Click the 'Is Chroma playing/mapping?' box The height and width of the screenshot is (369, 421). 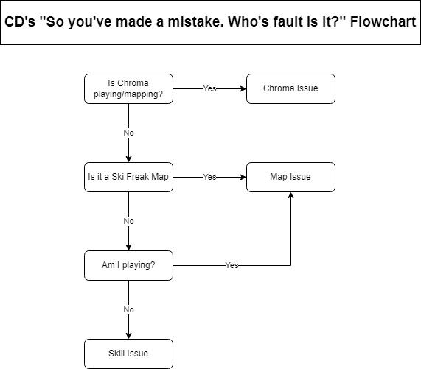[x=128, y=88]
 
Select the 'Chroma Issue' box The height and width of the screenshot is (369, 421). [x=290, y=88]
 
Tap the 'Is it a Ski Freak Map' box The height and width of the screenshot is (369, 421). [x=128, y=177]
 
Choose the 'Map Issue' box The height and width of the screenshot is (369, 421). [x=290, y=177]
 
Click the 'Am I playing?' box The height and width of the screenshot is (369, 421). [x=128, y=265]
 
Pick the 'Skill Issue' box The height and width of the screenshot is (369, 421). [x=128, y=354]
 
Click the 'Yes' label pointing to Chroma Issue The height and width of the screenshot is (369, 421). [x=209, y=88]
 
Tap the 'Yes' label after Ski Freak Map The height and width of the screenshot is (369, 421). [x=209, y=177]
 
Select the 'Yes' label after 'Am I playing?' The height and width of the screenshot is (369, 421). [x=232, y=265]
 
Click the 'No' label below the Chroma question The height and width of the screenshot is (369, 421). [x=128, y=133]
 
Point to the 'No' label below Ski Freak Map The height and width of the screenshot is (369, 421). [x=128, y=221]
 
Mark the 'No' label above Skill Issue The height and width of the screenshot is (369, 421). [x=128, y=309]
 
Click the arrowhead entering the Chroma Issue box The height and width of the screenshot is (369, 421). [x=243, y=88]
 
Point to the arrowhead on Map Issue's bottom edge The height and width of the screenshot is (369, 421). [x=290, y=196]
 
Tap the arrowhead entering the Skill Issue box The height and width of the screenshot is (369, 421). [x=128, y=335]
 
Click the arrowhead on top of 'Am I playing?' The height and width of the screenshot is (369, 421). [x=128, y=247]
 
